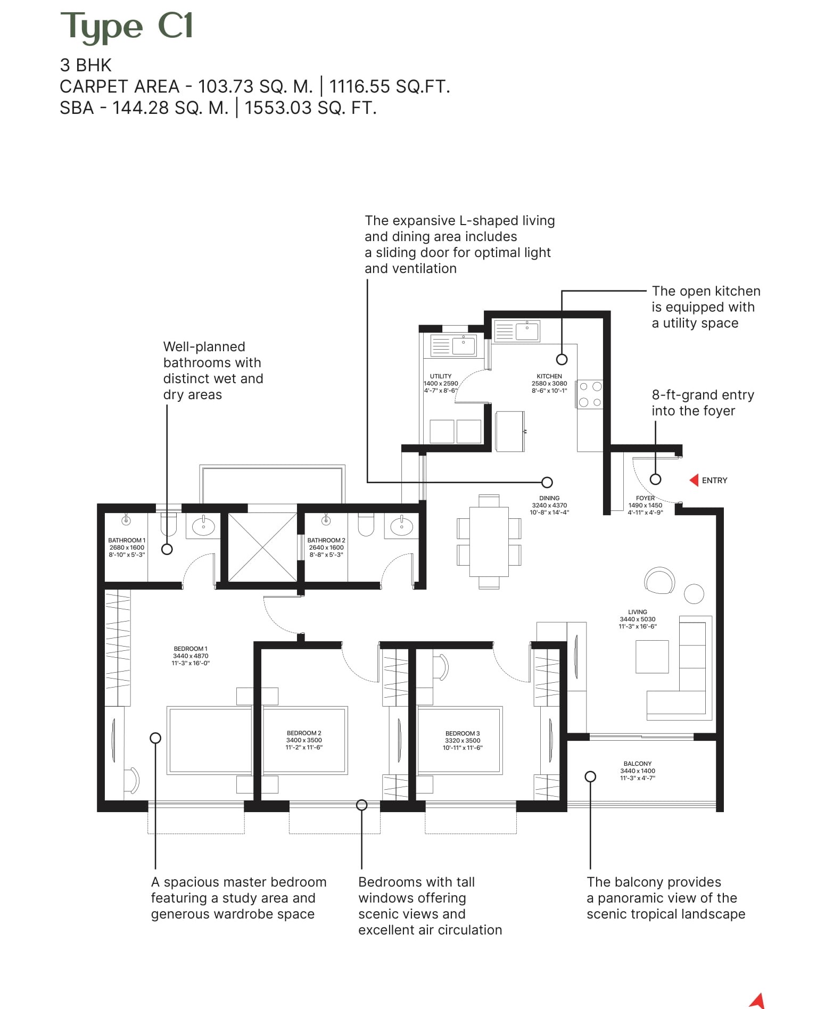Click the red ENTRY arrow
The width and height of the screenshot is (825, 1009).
coord(694,481)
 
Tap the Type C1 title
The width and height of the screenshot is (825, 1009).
coord(127,27)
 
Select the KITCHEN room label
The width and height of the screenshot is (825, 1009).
coord(549,376)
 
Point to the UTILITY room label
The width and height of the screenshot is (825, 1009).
coord(441,376)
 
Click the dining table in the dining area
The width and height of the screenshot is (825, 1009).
coord(489,541)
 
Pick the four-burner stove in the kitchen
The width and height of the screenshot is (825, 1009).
coord(590,394)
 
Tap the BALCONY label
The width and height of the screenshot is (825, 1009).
coord(638,764)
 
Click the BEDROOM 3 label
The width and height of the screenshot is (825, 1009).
coord(463,733)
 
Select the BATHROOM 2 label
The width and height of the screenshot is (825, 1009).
coord(326,540)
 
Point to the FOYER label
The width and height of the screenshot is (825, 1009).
coord(645,498)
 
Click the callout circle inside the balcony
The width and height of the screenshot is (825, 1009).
coord(590,777)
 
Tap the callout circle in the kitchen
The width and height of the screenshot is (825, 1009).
coord(562,359)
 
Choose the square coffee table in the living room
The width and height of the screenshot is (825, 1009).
coord(652,657)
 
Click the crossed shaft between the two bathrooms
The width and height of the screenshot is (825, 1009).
coord(262,547)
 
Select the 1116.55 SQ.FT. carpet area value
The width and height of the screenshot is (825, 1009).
coord(390,86)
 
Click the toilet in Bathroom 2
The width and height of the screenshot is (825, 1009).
coord(366,524)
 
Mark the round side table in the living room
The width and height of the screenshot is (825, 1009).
coord(694,593)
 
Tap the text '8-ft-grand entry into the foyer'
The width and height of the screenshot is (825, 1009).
coord(703,403)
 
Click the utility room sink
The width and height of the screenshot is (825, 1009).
coord(463,346)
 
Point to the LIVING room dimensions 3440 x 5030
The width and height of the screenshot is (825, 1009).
coord(638,619)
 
